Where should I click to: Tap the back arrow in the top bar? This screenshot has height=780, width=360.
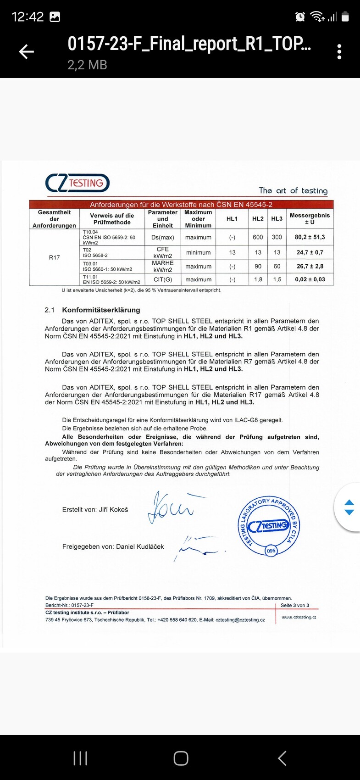27,52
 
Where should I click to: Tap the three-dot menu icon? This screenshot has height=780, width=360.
339,52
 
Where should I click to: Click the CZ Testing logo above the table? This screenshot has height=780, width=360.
78,183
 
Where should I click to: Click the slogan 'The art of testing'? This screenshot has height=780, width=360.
293,190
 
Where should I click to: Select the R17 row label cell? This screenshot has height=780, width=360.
54,257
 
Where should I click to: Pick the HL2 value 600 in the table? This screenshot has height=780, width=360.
258,237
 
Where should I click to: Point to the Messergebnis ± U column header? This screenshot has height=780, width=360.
310,218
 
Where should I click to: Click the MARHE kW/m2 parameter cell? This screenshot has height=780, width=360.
163,266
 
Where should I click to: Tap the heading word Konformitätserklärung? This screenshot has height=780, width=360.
101,310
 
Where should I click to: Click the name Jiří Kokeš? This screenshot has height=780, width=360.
113,509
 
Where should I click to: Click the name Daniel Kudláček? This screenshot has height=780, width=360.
140,546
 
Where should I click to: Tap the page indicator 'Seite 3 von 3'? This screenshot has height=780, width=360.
295,605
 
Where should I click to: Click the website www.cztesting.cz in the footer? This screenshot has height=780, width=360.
299,617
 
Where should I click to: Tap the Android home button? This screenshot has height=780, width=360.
181,758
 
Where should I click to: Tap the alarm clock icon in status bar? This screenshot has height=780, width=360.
300,17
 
